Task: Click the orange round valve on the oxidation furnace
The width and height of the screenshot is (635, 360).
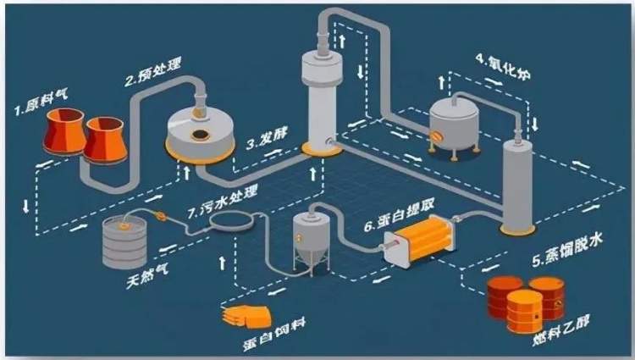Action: pyautogui.click(x=438, y=135)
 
